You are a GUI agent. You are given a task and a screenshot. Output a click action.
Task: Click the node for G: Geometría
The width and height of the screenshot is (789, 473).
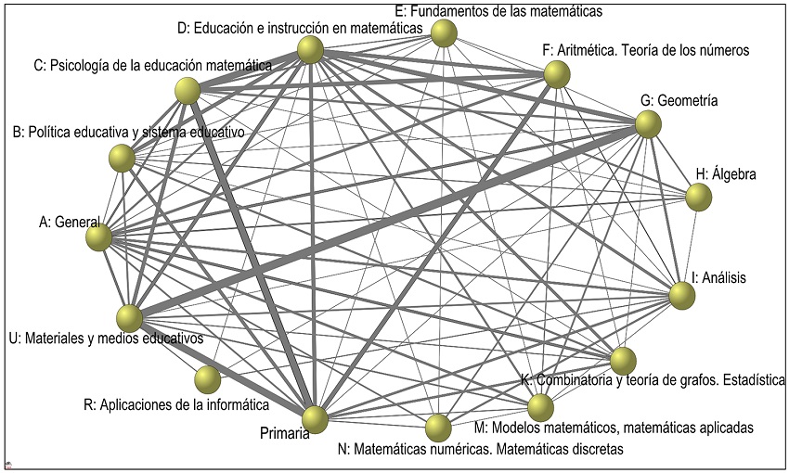(x=648, y=124)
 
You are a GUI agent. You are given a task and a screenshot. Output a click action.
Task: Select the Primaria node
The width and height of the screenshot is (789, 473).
(x=315, y=419)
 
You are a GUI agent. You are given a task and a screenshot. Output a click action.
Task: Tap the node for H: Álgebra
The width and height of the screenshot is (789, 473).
(x=698, y=197)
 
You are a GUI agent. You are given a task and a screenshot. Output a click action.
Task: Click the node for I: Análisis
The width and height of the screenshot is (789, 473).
(x=682, y=296)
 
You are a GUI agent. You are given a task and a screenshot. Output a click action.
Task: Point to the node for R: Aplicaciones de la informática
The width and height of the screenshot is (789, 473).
(x=208, y=379)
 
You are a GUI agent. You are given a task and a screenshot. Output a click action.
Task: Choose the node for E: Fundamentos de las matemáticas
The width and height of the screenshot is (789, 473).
(x=446, y=34)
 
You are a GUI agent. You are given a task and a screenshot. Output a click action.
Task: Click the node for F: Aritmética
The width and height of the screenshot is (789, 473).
(x=556, y=75)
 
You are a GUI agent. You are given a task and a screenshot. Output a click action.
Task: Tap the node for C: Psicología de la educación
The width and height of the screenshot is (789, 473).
(x=188, y=91)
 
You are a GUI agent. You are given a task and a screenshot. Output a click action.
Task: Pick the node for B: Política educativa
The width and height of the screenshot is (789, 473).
(x=122, y=160)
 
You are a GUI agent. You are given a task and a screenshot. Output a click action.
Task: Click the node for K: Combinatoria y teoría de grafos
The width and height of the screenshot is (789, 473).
(x=623, y=360)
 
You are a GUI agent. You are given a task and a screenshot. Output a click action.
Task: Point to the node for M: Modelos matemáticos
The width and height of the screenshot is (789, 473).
(x=540, y=407)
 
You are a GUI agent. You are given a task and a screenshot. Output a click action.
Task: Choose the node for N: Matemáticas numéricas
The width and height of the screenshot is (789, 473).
(x=438, y=428)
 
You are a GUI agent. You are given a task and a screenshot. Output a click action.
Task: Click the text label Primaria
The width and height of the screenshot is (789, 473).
(x=284, y=433)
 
